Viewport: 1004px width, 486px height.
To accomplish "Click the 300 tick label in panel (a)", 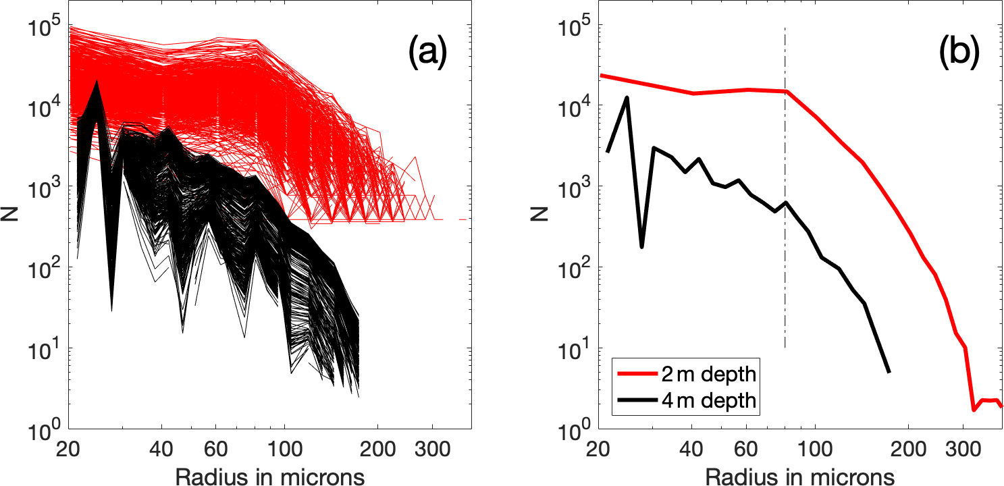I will (429, 448).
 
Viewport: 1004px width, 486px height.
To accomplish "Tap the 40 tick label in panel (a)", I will (161, 448).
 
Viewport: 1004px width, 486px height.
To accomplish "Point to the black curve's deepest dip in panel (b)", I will (641, 247).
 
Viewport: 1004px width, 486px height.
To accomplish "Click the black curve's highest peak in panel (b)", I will (627, 98).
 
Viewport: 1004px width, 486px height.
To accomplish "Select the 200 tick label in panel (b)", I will (908, 448).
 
